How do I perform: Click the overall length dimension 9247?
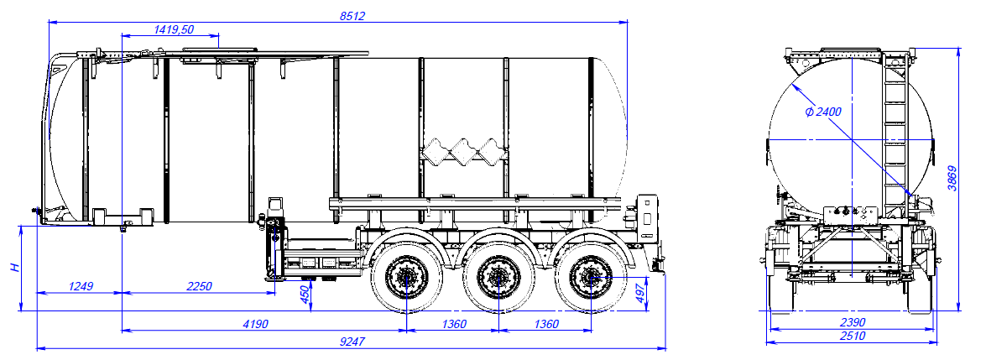352,342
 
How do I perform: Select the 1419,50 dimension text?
175,29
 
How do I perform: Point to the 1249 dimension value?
81,286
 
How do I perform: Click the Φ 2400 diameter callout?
822,111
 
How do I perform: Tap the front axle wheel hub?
406,274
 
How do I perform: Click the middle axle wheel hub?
498,274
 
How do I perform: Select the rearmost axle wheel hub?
589,274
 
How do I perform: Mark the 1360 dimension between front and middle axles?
452,324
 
